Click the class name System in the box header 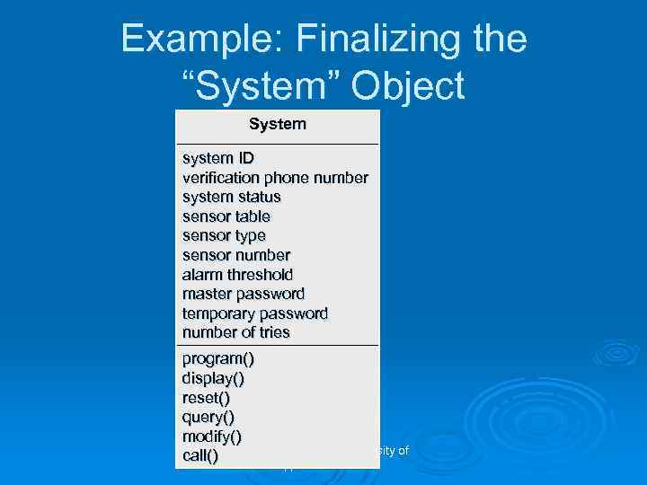pyautogui.click(x=277, y=124)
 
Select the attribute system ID pyautogui.click(x=217, y=158)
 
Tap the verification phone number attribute pyautogui.click(x=275, y=178)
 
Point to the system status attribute pyautogui.click(x=232, y=197)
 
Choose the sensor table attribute pyautogui.click(x=226, y=216)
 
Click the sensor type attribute pyautogui.click(x=224, y=235)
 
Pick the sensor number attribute pyautogui.click(x=236, y=255)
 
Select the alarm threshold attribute pyautogui.click(x=237, y=275)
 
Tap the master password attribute pyautogui.click(x=244, y=294)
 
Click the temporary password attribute pyautogui.click(x=255, y=313)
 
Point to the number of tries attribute pyautogui.click(x=236, y=332)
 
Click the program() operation pyautogui.click(x=218, y=359)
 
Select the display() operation pyautogui.click(x=213, y=379)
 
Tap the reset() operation pyautogui.click(x=206, y=398)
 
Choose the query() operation pyautogui.click(x=208, y=417)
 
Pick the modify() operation pyautogui.click(x=212, y=436)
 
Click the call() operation pyautogui.click(x=200, y=455)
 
